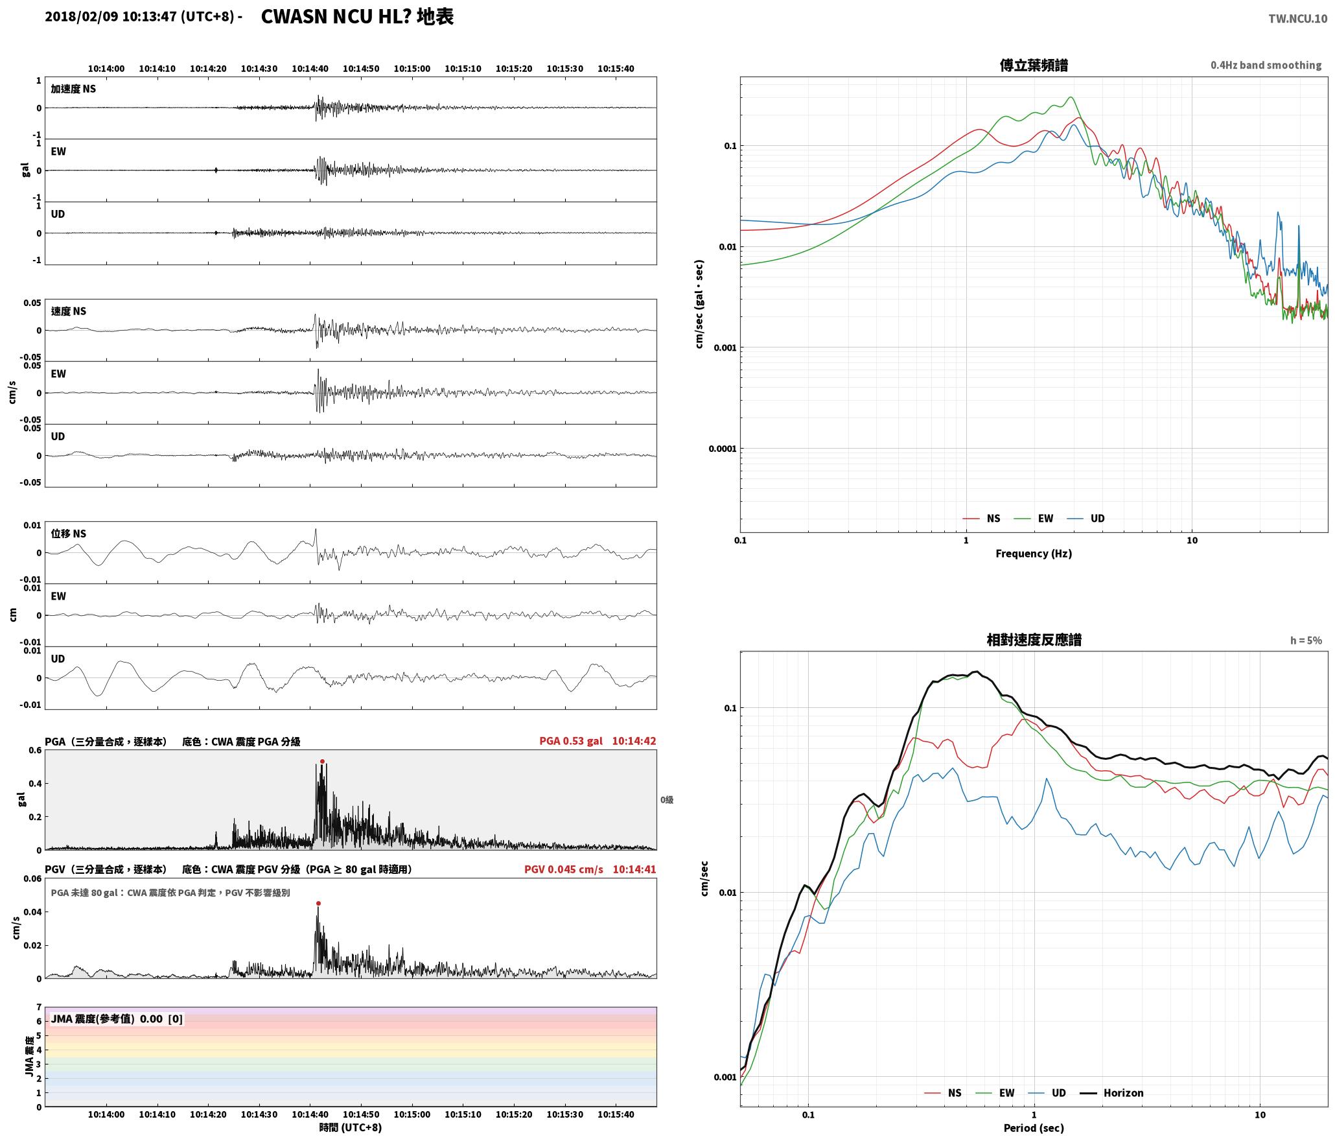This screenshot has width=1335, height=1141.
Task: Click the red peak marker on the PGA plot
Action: click(322, 762)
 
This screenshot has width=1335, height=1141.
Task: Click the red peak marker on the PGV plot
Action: click(318, 903)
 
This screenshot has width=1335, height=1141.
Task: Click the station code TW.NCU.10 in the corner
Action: click(1297, 19)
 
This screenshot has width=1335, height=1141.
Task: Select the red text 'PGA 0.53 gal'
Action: click(571, 741)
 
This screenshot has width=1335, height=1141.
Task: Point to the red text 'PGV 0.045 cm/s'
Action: click(564, 869)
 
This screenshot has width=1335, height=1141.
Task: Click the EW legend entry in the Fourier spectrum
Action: click(1034, 519)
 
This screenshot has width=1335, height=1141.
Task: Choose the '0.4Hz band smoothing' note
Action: click(1266, 65)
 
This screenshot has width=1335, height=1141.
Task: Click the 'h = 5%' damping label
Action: click(1306, 641)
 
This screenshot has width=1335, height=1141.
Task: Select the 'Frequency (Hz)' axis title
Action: click(1034, 554)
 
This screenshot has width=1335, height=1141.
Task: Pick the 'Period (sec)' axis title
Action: click(1034, 1128)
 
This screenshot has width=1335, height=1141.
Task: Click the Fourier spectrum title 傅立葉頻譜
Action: click(1034, 65)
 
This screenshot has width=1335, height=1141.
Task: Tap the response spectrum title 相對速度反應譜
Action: click(1034, 640)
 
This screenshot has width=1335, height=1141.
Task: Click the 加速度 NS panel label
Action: click(73, 89)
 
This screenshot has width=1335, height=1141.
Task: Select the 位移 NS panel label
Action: click(69, 534)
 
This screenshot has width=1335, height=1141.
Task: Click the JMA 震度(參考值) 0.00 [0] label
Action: click(117, 1019)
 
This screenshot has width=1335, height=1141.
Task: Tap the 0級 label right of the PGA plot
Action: click(667, 800)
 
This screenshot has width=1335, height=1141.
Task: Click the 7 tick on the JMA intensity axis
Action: click(39, 1007)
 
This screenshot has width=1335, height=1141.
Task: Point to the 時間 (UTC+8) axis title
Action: click(351, 1128)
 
